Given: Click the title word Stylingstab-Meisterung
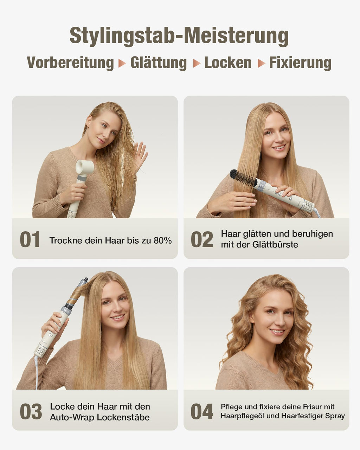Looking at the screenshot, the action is pos(179,36).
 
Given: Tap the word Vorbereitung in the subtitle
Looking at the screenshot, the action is pos(70,63).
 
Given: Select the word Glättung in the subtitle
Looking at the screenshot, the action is pos(159,63).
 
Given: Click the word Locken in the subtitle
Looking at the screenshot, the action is pos(228,63).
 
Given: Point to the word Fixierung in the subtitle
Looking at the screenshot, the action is pos(300,63).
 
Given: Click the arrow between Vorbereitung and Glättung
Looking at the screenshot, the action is pos(122,63).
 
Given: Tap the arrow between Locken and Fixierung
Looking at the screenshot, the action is pos(262,63).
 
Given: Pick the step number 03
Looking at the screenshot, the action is pos(31,412).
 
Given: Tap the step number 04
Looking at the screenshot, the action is pos(202,412).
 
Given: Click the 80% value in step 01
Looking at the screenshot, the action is pos(163,240).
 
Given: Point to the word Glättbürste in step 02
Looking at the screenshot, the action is pos(275,244).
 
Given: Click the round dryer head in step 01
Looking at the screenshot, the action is pos(84,167).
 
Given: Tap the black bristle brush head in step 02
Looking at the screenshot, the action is pos(243,178).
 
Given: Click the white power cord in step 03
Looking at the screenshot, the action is pos(37,372).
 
